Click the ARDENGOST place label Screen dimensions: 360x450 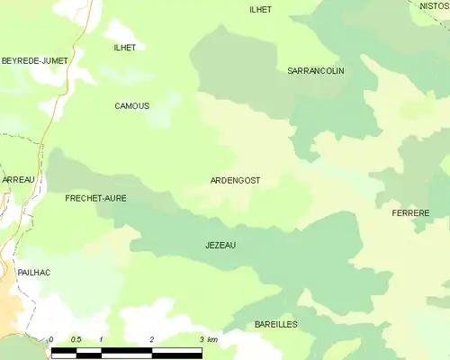pyautogui.click(x=235, y=180)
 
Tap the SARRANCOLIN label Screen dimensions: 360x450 pyautogui.click(x=315, y=70)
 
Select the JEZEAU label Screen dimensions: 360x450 pyautogui.click(x=220, y=245)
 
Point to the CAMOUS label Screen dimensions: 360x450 pyautogui.click(x=132, y=106)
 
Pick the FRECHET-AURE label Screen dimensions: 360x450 pyautogui.click(x=95, y=197)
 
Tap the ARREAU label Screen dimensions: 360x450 pyautogui.click(x=17, y=180)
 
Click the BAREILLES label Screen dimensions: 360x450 pyautogui.click(x=275, y=324)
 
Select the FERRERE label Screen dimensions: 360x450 pyautogui.click(x=410, y=213)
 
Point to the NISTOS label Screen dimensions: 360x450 pyautogui.click(x=434, y=5)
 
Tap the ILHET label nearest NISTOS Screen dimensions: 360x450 pyautogui.click(x=260, y=9)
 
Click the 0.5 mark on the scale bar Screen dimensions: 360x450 pyautogui.click(x=76, y=339)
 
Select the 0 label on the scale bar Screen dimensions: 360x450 pyautogui.click(x=51, y=339)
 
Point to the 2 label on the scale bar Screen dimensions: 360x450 pyautogui.click(x=152, y=339)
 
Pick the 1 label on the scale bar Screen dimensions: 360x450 pyautogui.click(x=102, y=339)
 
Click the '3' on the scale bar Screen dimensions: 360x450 pyautogui.click(x=201, y=339)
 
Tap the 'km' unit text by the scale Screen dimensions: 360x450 pyautogui.click(x=212, y=339)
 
